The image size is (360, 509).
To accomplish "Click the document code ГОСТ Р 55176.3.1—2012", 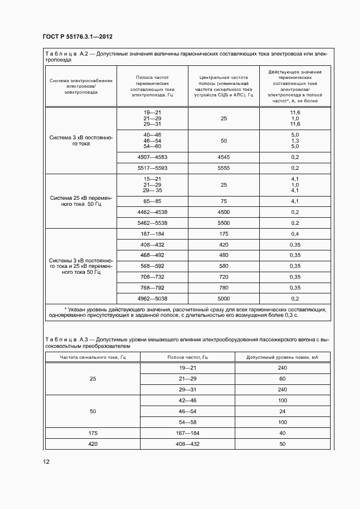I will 77,37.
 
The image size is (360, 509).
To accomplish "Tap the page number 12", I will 46,462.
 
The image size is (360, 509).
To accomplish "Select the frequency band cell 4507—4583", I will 152,157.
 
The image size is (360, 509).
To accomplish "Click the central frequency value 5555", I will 223,168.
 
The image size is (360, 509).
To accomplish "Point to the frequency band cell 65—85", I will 152,201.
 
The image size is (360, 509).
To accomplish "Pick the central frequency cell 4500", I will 223,212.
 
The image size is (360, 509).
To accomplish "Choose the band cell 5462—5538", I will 152,223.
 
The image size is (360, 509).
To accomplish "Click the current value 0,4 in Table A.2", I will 295,234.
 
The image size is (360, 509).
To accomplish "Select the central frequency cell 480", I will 223,255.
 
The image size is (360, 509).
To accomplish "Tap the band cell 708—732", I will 152,277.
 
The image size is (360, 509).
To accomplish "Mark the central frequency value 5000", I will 223,298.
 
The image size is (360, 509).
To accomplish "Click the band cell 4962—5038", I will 152,298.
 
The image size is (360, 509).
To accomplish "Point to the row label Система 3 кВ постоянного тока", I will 81,140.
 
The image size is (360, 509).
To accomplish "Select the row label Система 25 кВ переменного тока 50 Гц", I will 81,201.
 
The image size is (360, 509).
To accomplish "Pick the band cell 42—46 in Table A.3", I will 187,400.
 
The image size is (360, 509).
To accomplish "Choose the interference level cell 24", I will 282,411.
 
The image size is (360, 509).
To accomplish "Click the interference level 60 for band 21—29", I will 282,378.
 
